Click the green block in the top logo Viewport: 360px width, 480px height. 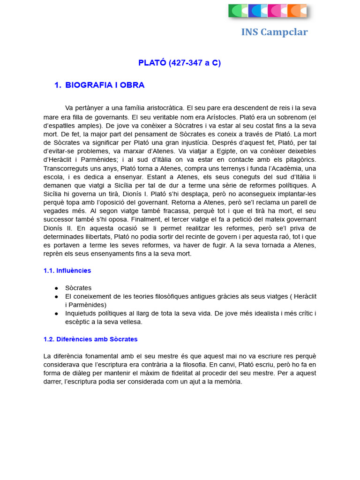pyautogui.click(x=238, y=11)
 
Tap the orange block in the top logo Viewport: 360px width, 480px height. pyautogui.click(x=297, y=11)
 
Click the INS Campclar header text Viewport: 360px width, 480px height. pyautogui.click(x=274, y=32)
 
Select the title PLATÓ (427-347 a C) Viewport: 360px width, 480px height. pyautogui.click(x=180, y=63)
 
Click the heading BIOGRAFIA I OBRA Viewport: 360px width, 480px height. pyautogui.click(x=105, y=85)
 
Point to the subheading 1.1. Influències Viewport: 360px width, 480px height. pyautogui.click(x=67, y=271)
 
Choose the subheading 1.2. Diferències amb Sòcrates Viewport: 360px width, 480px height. pyautogui.click(x=90, y=339)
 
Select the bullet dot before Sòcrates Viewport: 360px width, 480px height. pyautogui.click(x=57, y=288)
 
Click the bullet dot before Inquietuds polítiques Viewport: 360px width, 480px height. pyautogui.click(x=57, y=314)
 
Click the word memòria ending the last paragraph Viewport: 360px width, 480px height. pyautogui.click(x=226, y=382)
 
